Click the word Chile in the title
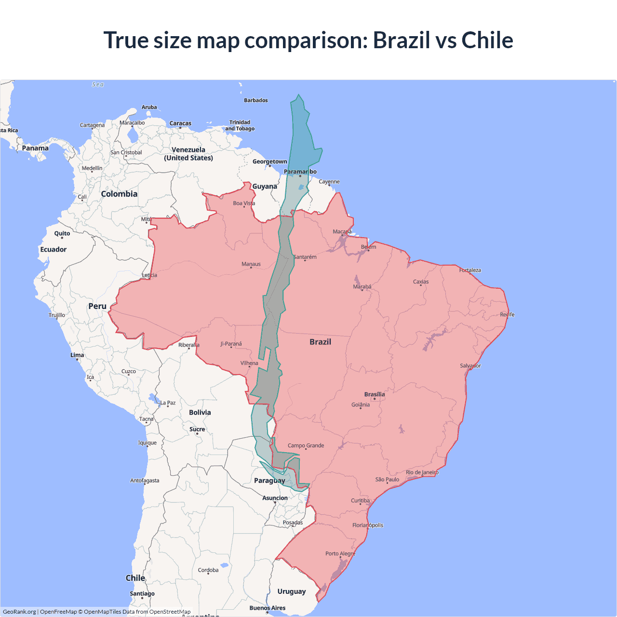[x=487, y=40]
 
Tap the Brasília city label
[x=375, y=394]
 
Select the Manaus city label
[x=251, y=264]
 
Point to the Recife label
[x=507, y=314]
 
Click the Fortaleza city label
[x=470, y=270]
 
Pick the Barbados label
[x=255, y=100]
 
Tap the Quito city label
[x=62, y=233]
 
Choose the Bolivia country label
[x=200, y=412]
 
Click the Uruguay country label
[x=291, y=591]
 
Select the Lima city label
[x=77, y=355]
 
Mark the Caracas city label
[x=180, y=123]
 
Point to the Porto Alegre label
[x=340, y=553]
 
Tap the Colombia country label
[x=119, y=194]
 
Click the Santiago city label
[x=142, y=593]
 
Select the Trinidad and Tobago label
[x=240, y=125]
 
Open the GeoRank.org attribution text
[x=19, y=612]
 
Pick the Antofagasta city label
[x=145, y=481]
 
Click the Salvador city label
[x=470, y=366]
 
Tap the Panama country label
[x=35, y=148]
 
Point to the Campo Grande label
[x=306, y=445]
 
